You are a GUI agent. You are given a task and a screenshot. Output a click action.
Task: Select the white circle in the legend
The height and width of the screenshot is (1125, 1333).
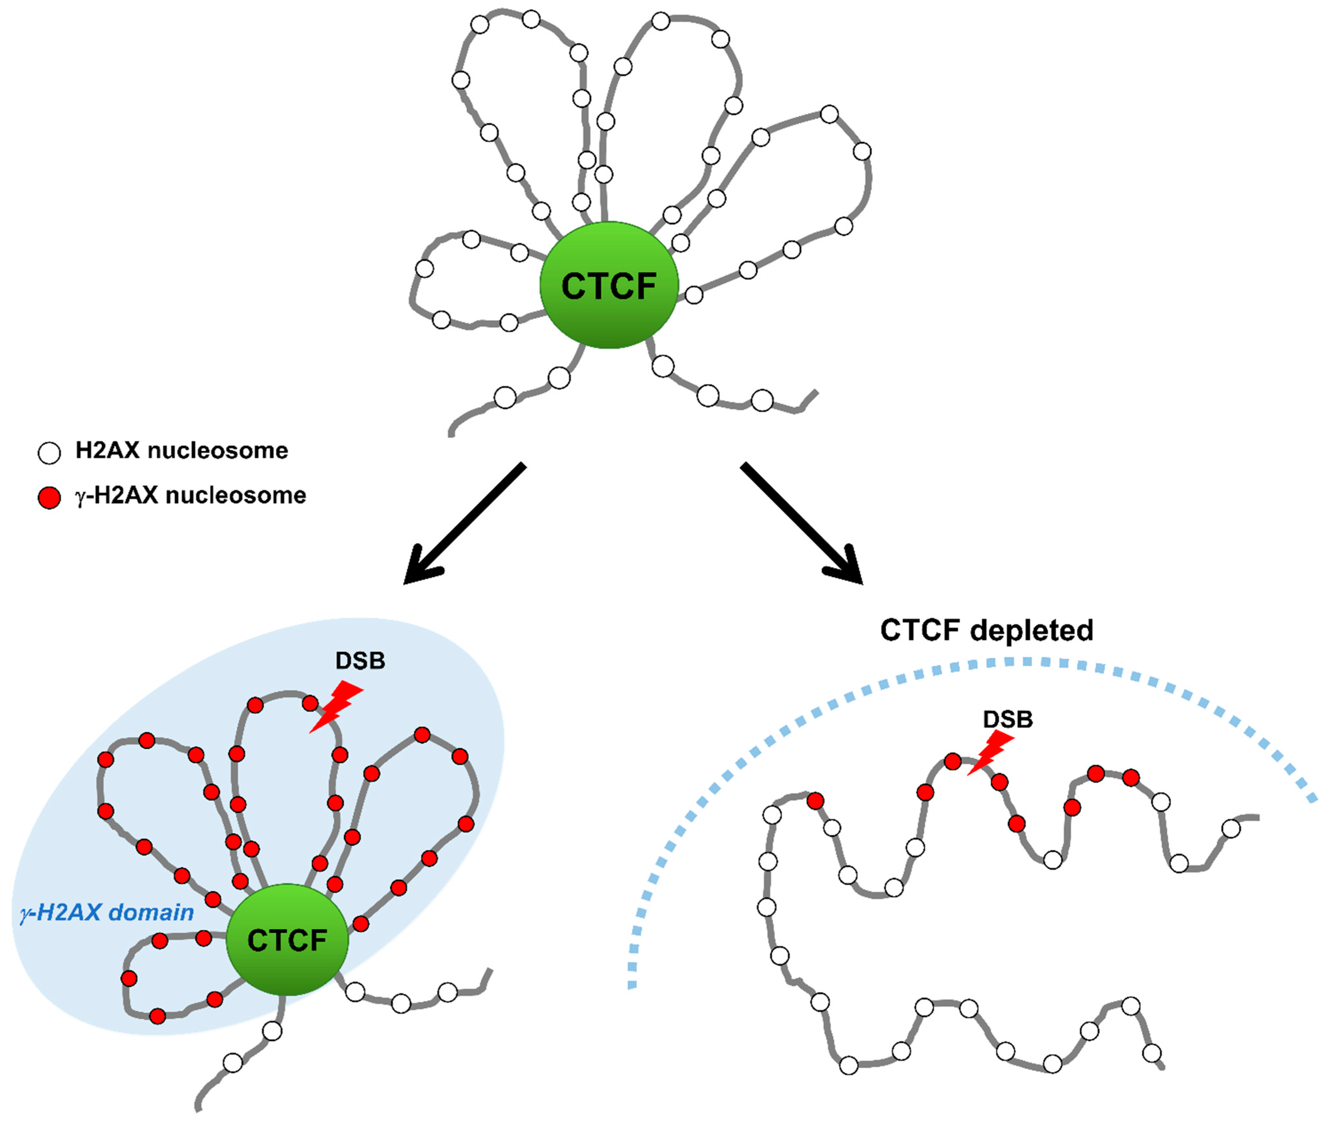pos(49,452)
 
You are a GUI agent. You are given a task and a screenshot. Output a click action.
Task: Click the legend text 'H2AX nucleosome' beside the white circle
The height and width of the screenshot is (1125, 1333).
pos(182,450)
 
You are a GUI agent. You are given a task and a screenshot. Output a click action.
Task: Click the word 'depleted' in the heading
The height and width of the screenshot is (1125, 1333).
pos(1031,630)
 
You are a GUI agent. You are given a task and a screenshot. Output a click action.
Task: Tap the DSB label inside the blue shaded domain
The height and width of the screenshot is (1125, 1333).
pos(360,661)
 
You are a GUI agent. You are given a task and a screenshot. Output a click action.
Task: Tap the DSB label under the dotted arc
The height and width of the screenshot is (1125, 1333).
pos(1008,719)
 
